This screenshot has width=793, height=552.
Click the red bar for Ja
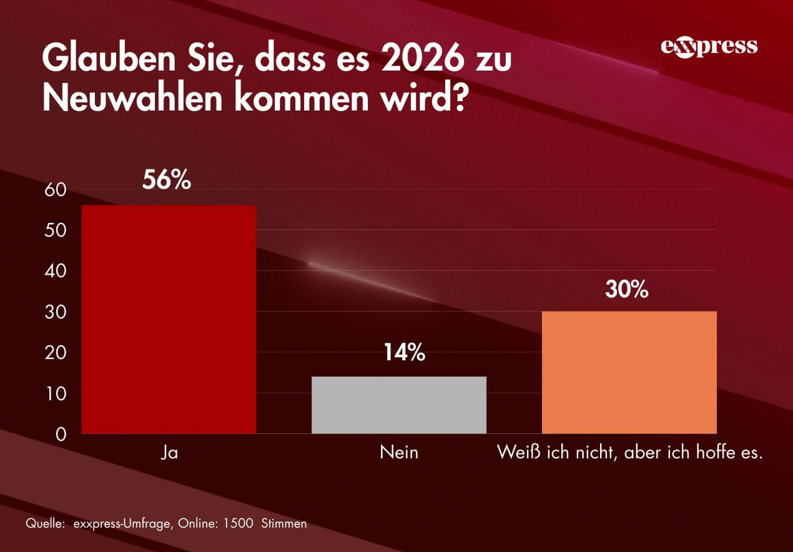tap(169, 318)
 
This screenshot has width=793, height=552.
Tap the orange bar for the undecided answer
tap(629, 372)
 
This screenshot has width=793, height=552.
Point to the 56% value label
tap(165, 180)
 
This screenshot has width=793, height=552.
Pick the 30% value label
tap(626, 290)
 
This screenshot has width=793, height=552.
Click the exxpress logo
tap(709, 47)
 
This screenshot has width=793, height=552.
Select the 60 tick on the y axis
tap(56, 190)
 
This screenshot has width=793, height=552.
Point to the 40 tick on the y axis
tap(56, 271)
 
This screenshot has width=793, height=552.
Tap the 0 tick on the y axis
tap(61, 435)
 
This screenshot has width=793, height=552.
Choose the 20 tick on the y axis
tap(56, 353)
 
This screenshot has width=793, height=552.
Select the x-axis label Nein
tap(399, 453)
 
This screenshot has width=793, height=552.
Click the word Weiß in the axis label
tap(515, 453)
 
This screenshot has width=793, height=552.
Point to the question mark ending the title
tap(459, 99)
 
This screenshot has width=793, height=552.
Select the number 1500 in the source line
tap(237, 524)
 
